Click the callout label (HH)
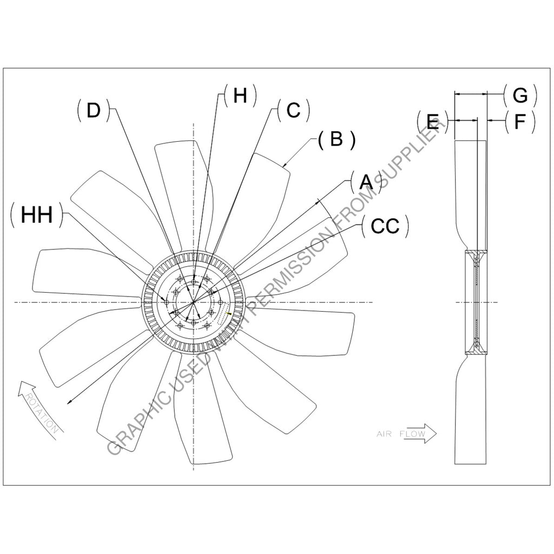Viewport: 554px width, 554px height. tap(37, 215)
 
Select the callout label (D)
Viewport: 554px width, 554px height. tap(94, 110)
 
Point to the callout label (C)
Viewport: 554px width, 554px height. tap(293, 110)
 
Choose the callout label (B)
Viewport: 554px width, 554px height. tap(336, 140)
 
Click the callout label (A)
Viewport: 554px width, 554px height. tap(366, 182)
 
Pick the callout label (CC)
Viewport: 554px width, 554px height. tap(385, 226)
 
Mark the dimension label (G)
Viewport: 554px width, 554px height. tap(519, 96)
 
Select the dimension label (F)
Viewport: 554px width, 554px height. tap(519, 122)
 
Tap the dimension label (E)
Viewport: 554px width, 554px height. tap(433, 122)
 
